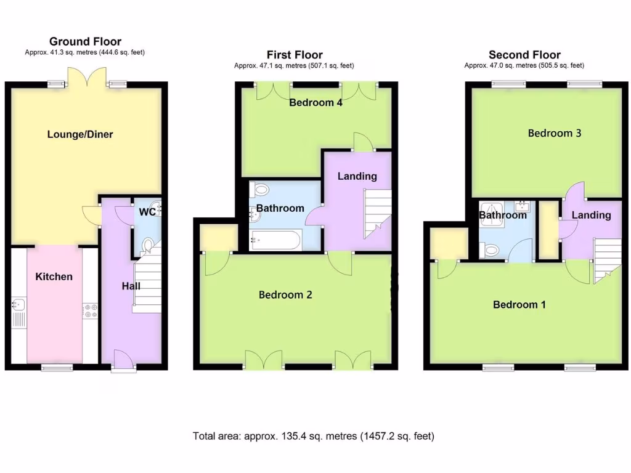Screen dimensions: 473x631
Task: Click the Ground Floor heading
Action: [85, 42]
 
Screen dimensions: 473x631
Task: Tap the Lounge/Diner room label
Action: [80, 134]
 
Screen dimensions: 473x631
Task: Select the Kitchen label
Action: [54, 277]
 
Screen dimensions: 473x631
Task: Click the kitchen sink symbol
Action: [17, 304]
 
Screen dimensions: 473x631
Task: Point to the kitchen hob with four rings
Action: [90, 310]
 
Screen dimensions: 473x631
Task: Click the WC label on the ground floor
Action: [147, 212]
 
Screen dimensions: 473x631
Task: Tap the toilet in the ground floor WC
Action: [147, 246]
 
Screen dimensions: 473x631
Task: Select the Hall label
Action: [131, 286]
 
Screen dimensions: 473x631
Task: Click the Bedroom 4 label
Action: [315, 103]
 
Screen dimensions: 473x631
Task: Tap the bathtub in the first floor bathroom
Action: [276, 240]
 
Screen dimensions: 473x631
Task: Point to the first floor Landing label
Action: [357, 176]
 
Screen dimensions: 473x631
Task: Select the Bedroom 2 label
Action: [285, 295]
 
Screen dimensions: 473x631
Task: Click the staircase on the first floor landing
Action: [377, 213]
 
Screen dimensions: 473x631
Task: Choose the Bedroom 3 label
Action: [554, 133]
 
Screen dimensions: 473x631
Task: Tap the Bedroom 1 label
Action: [519, 305]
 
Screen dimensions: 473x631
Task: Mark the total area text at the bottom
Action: [314, 436]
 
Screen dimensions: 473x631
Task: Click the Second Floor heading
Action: [524, 55]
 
